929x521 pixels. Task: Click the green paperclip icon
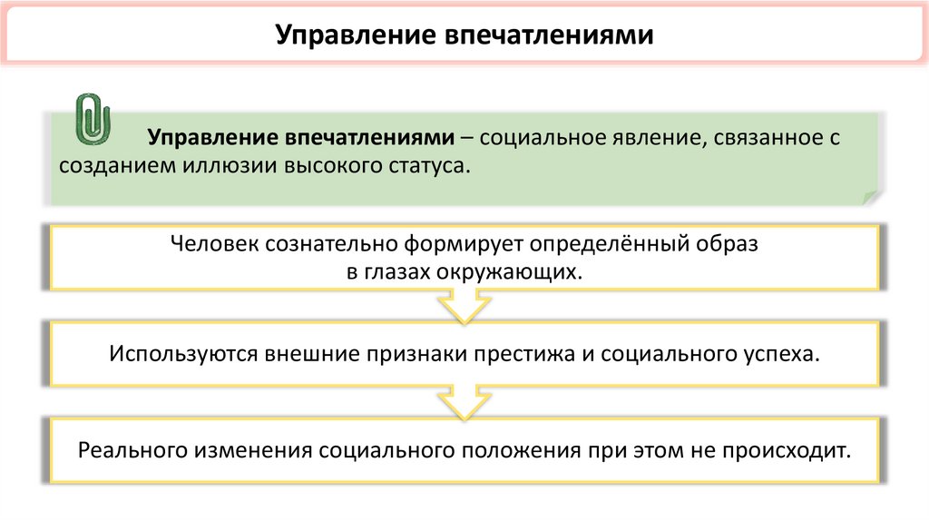[x=93, y=118]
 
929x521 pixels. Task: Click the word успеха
[x=782, y=353]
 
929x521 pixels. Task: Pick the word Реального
[x=134, y=450]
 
